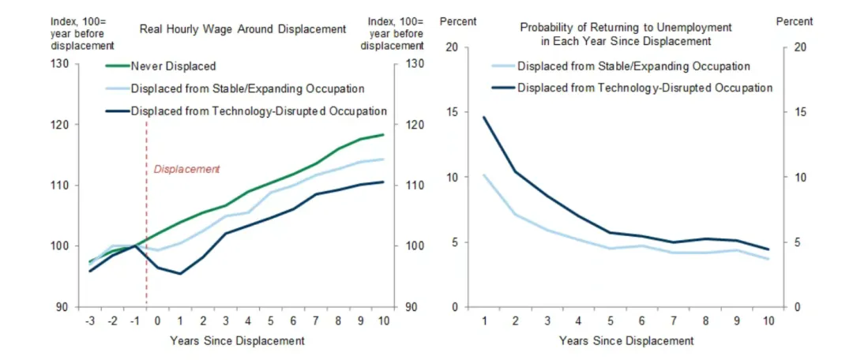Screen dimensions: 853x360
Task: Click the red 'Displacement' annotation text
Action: [186, 169]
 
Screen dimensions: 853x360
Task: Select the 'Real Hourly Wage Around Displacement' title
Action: [242, 29]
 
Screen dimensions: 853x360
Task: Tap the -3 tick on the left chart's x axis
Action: [90, 321]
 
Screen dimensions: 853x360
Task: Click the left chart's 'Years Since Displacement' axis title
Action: [237, 341]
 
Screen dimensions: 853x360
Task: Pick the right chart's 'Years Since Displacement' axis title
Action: [626, 341]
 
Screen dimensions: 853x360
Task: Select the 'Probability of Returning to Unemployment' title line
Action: [626, 27]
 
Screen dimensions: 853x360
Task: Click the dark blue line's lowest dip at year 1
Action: [179, 273]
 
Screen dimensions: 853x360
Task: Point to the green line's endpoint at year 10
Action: [384, 134]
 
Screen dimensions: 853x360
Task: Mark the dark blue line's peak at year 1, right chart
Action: [483, 117]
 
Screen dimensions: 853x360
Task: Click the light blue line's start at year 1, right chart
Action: [483, 175]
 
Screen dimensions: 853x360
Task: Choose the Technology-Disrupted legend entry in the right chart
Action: [631, 88]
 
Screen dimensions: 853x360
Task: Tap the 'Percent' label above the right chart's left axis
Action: [458, 22]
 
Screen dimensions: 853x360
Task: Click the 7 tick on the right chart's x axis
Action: [674, 321]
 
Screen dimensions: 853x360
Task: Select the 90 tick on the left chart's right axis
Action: [411, 307]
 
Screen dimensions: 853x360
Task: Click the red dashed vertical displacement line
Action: [147, 212]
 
